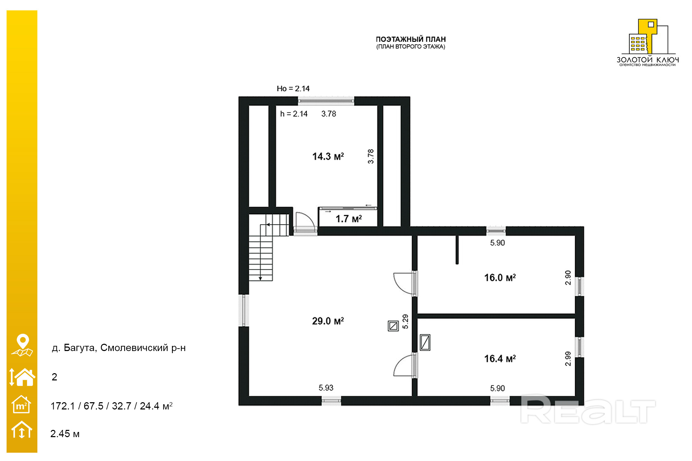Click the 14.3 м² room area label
(328, 156)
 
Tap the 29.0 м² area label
(328, 321)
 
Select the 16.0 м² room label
(500, 277)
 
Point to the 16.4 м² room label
(500, 359)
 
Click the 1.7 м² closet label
(349, 219)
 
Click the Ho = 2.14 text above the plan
(293, 89)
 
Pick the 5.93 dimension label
(326, 388)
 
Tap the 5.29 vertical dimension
(405, 322)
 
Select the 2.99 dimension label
(568, 359)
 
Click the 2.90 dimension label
(568, 278)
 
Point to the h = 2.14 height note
(294, 114)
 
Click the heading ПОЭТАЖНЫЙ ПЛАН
(411, 39)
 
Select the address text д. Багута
(74, 348)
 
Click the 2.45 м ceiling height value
(65, 434)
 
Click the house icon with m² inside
(21, 404)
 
